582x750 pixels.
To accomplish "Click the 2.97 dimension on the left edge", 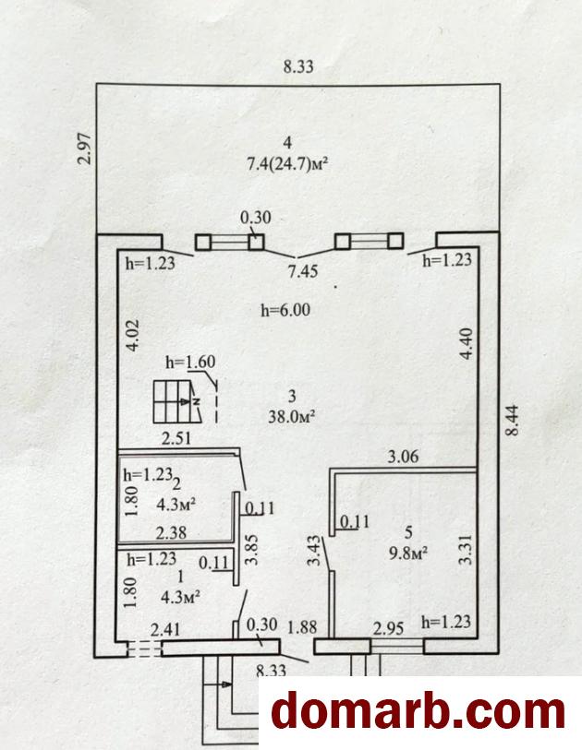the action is (84, 149).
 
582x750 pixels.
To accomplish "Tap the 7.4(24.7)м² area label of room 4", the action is (287, 165).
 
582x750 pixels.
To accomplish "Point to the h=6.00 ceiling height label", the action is (285, 311).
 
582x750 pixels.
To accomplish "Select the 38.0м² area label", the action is (291, 417).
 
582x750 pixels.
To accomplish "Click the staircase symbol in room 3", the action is (176, 402).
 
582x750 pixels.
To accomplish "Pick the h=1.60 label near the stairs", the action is (190, 363).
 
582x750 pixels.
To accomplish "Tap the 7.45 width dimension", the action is (303, 272).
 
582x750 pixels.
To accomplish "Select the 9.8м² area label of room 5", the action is (408, 554).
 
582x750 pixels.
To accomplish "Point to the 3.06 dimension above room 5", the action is (403, 457).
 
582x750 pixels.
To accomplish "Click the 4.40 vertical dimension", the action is (467, 343).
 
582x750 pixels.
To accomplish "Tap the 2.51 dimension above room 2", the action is (176, 438).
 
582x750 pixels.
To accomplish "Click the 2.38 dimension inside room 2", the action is (172, 532).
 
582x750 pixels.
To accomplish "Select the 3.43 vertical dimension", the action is (315, 551).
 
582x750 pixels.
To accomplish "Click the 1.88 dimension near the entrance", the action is (303, 627).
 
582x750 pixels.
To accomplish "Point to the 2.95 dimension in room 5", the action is (388, 627).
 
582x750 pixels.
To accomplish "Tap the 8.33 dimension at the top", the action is (298, 66).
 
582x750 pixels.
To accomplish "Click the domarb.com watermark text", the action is (418, 713).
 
